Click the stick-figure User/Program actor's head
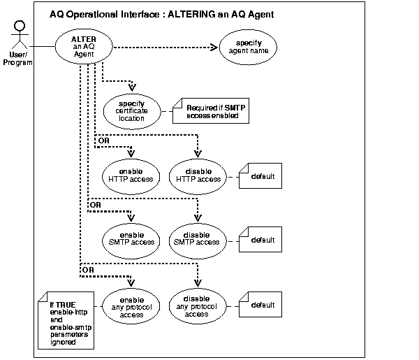click(20, 26)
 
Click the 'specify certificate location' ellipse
click(131, 109)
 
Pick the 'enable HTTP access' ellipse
click(131, 175)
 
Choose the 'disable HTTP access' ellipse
click(198, 175)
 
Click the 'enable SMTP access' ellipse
click(131, 238)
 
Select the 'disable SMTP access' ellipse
click(198, 238)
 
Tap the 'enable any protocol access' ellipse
click(131, 305)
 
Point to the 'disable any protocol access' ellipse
click(198, 305)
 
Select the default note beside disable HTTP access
click(260, 176)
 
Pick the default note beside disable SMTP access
click(260, 240)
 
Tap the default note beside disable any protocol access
click(260, 305)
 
